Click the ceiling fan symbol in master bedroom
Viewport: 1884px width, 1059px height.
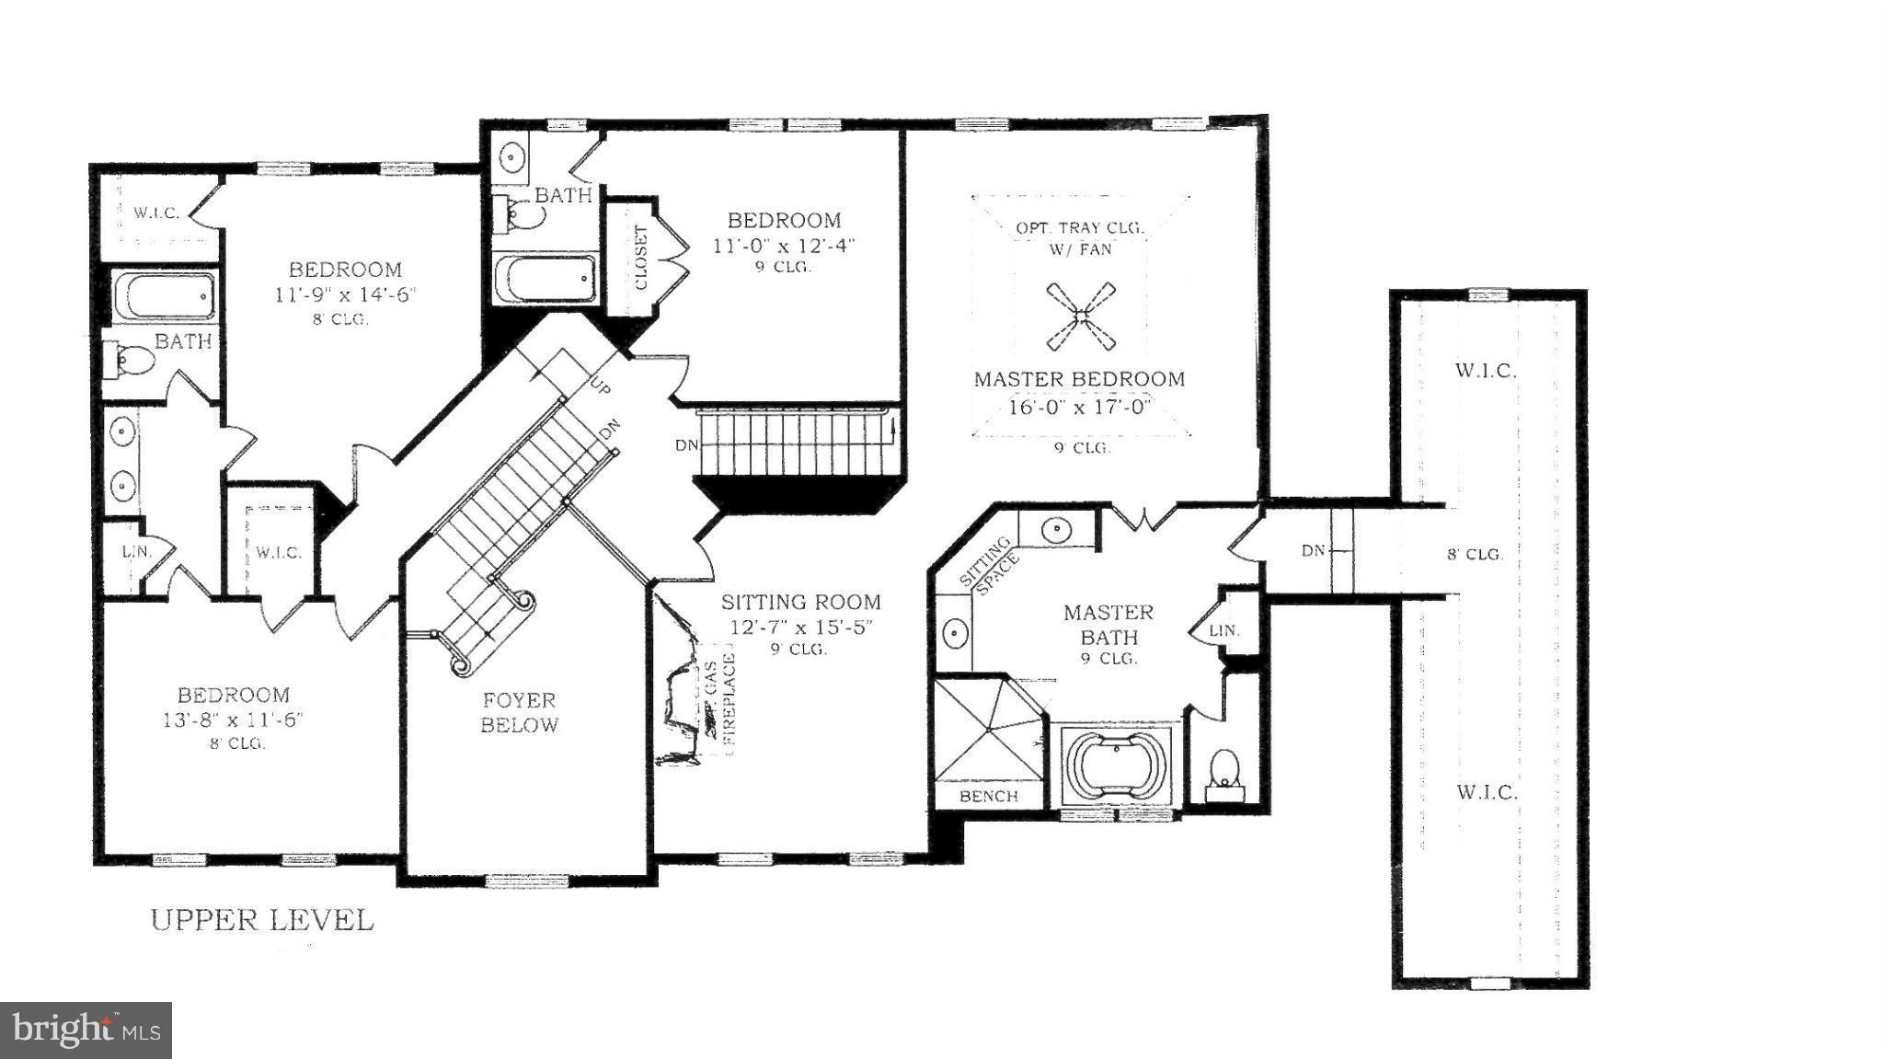1082,317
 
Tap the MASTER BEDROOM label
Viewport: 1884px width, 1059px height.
1079,379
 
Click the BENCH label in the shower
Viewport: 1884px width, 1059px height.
988,796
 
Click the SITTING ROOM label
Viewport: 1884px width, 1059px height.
800,603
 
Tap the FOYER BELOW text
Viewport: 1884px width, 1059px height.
519,712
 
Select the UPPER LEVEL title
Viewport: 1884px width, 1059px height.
262,920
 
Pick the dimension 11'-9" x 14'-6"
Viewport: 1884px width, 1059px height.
345,295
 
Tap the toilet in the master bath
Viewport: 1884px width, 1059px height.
1223,769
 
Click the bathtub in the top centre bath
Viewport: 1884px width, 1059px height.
544,277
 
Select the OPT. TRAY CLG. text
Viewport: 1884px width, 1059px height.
1080,227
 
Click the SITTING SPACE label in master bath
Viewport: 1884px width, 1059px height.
989,564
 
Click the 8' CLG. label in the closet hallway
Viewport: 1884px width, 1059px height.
1475,554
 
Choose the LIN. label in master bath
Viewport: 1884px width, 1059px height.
1223,631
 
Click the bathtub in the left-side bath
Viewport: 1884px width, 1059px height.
164,295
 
